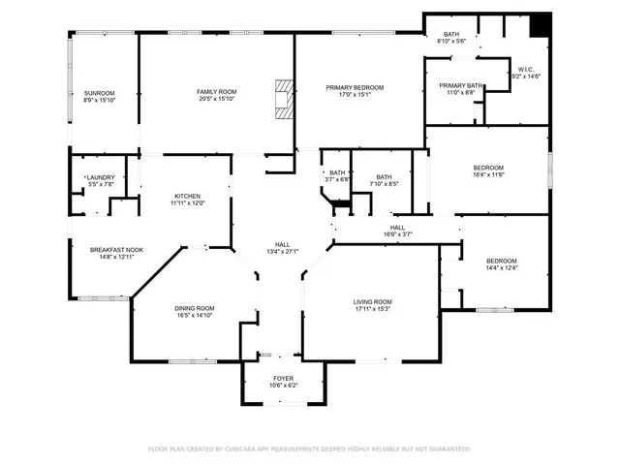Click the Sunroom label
[x=99, y=93]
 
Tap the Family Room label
[x=216, y=92]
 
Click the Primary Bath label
[x=461, y=85]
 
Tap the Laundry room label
[x=101, y=177]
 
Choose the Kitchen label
[x=187, y=196]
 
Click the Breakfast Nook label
[x=116, y=250]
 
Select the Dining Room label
[x=194, y=308]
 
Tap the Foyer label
[x=283, y=378]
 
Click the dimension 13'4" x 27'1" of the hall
[x=283, y=252]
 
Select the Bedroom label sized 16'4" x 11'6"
[x=487, y=168]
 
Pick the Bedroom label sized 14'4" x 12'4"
[x=501, y=261]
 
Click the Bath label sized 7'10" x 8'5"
[x=384, y=177]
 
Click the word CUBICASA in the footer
[x=246, y=449]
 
